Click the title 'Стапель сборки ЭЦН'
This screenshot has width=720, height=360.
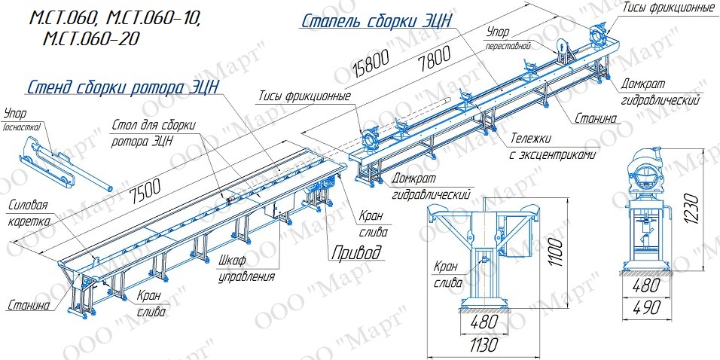[377, 21]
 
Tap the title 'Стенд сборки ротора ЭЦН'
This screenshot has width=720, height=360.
[123, 87]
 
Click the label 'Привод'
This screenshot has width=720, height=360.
[357, 252]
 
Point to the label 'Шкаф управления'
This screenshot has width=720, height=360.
[246, 269]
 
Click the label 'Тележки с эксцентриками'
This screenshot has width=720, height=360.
[552, 147]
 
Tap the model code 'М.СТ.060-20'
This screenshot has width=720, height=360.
[91, 38]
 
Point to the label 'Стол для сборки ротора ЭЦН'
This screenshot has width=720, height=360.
[154, 133]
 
